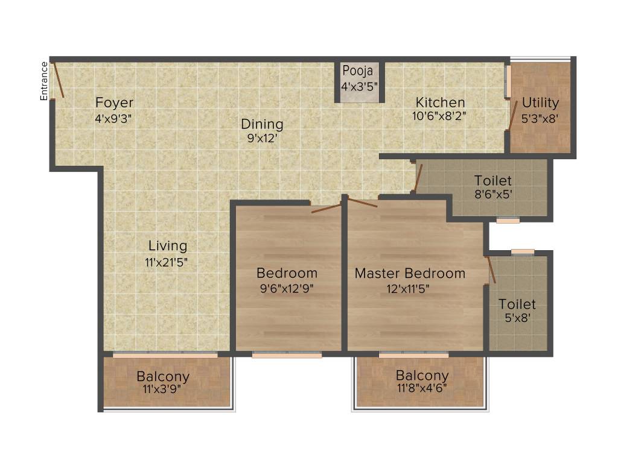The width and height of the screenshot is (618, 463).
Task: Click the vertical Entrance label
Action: (43, 80)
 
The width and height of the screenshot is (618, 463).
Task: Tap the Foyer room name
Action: (114, 102)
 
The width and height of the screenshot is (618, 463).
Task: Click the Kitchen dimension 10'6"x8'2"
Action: (435, 116)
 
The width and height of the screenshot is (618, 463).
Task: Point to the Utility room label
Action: (540, 102)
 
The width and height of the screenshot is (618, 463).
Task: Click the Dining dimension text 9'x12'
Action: (262, 137)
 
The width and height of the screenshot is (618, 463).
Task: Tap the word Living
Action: (168, 246)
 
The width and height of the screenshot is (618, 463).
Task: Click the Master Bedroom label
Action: (410, 273)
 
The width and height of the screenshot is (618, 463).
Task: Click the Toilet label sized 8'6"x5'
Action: (492, 180)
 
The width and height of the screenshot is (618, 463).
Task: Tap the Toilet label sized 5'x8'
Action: (517, 304)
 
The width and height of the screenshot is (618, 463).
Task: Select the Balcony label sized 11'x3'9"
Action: (162, 377)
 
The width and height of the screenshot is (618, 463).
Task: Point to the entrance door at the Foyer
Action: (59, 80)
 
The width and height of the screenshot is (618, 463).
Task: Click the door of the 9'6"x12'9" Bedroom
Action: (327, 209)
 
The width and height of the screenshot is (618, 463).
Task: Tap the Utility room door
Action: (512, 115)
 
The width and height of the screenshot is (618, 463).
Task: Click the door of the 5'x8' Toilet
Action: (491, 269)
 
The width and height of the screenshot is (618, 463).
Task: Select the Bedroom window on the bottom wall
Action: (287, 356)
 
